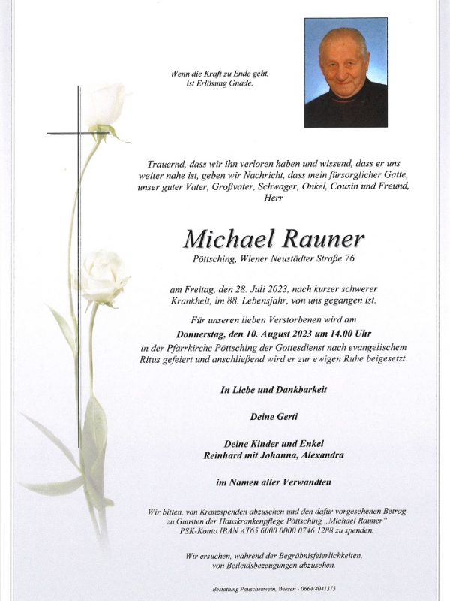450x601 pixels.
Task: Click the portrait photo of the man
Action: pyautogui.click(x=346, y=73)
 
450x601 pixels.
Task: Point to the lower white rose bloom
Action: pyautogui.click(x=103, y=276)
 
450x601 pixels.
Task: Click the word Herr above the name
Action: pyautogui.click(x=274, y=197)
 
